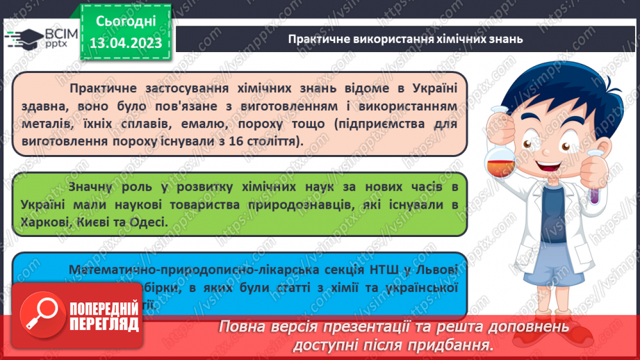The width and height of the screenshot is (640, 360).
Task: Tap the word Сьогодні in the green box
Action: click(126, 21)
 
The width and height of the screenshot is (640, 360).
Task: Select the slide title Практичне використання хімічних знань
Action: click(406, 39)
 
